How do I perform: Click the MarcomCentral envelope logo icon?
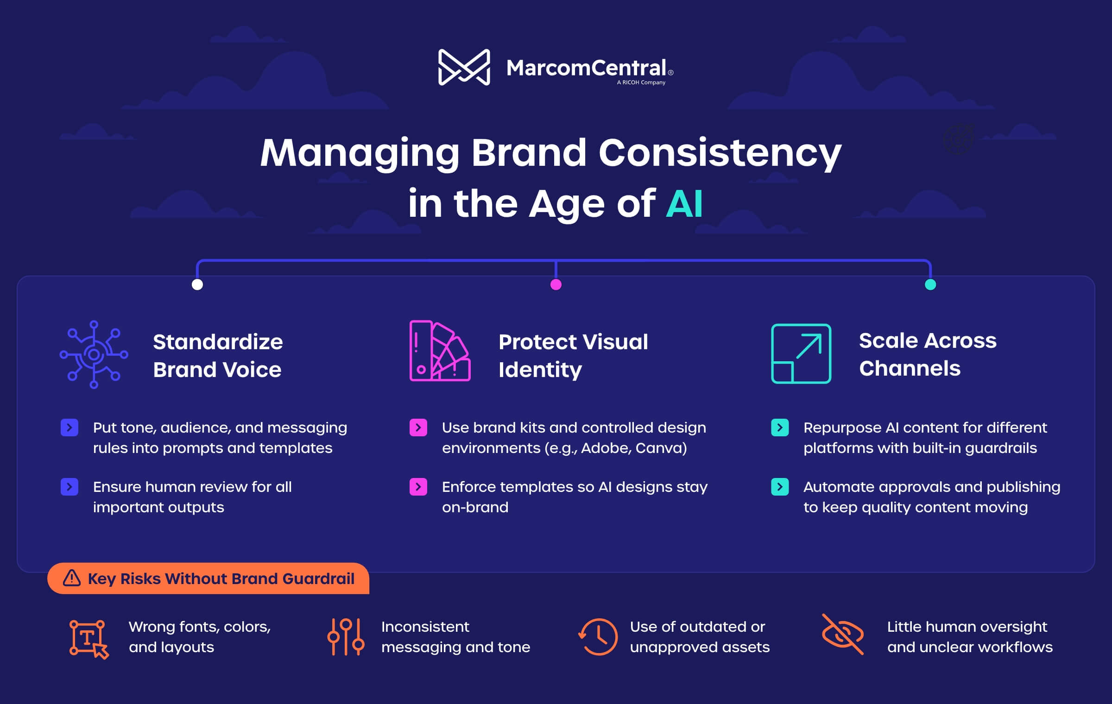pos(464,67)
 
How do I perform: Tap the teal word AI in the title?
pos(684,203)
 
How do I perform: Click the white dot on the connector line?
pos(197,284)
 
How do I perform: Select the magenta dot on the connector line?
pos(556,284)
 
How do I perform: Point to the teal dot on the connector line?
pos(930,284)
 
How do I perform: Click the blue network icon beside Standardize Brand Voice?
pos(94,355)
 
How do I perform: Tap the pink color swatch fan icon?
pos(440,351)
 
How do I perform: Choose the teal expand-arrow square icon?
pos(801,353)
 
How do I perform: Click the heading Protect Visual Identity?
pos(573,356)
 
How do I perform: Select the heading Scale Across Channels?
pos(928,354)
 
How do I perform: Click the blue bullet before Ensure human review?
pos(69,487)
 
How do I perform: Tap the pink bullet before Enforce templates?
pos(418,487)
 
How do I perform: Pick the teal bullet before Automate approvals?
pos(780,487)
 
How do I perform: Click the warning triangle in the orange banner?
pos(72,578)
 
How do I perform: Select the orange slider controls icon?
pos(346,637)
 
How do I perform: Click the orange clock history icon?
pos(598,637)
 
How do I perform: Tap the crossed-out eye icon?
pos(843,634)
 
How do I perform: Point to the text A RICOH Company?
pos(641,82)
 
